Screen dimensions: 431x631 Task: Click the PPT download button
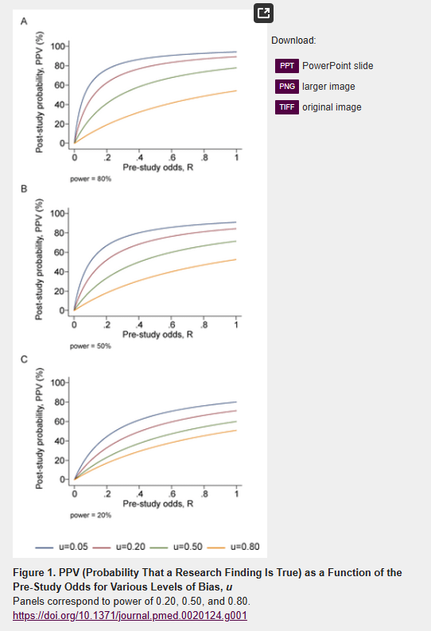coord(287,66)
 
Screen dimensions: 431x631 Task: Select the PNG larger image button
coord(287,87)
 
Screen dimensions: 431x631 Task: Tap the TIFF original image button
coord(287,107)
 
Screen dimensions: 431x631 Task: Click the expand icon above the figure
coord(263,14)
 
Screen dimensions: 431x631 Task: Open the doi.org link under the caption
coord(130,616)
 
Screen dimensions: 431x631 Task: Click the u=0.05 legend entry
coord(61,547)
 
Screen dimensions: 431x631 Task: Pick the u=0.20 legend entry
coord(118,547)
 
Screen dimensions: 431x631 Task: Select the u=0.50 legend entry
coord(176,547)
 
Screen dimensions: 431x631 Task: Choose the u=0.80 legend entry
coord(233,547)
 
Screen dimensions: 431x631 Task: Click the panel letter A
coord(24,21)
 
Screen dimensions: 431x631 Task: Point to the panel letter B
coord(24,188)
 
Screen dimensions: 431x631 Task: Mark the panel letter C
coord(24,359)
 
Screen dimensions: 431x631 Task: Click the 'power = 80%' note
coord(91,179)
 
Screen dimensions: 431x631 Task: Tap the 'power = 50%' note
coord(91,346)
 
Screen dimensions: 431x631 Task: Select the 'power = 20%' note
coord(91,515)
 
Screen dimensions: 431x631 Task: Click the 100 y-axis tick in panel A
coord(57,46)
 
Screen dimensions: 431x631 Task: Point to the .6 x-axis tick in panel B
coord(172,325)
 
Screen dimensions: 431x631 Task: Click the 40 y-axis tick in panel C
coord(59,441)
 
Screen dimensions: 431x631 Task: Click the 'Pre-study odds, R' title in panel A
coord(158,168)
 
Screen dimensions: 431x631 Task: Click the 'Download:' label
coord(293,41)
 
